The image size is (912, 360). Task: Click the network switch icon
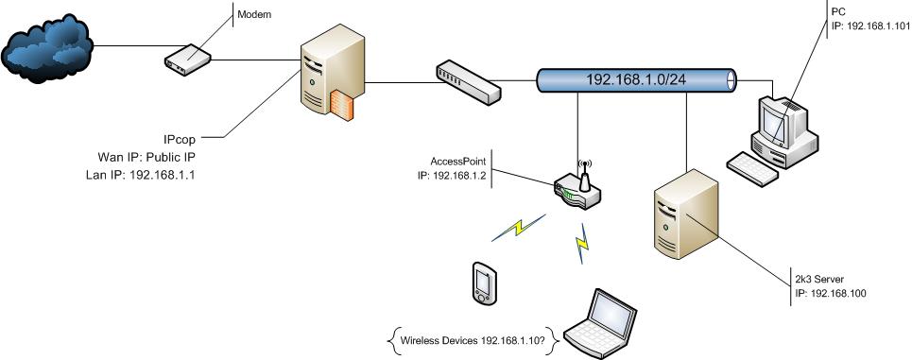point(468,83)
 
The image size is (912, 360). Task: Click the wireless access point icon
point(576,189)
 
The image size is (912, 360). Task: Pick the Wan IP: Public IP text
point(146,156)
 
